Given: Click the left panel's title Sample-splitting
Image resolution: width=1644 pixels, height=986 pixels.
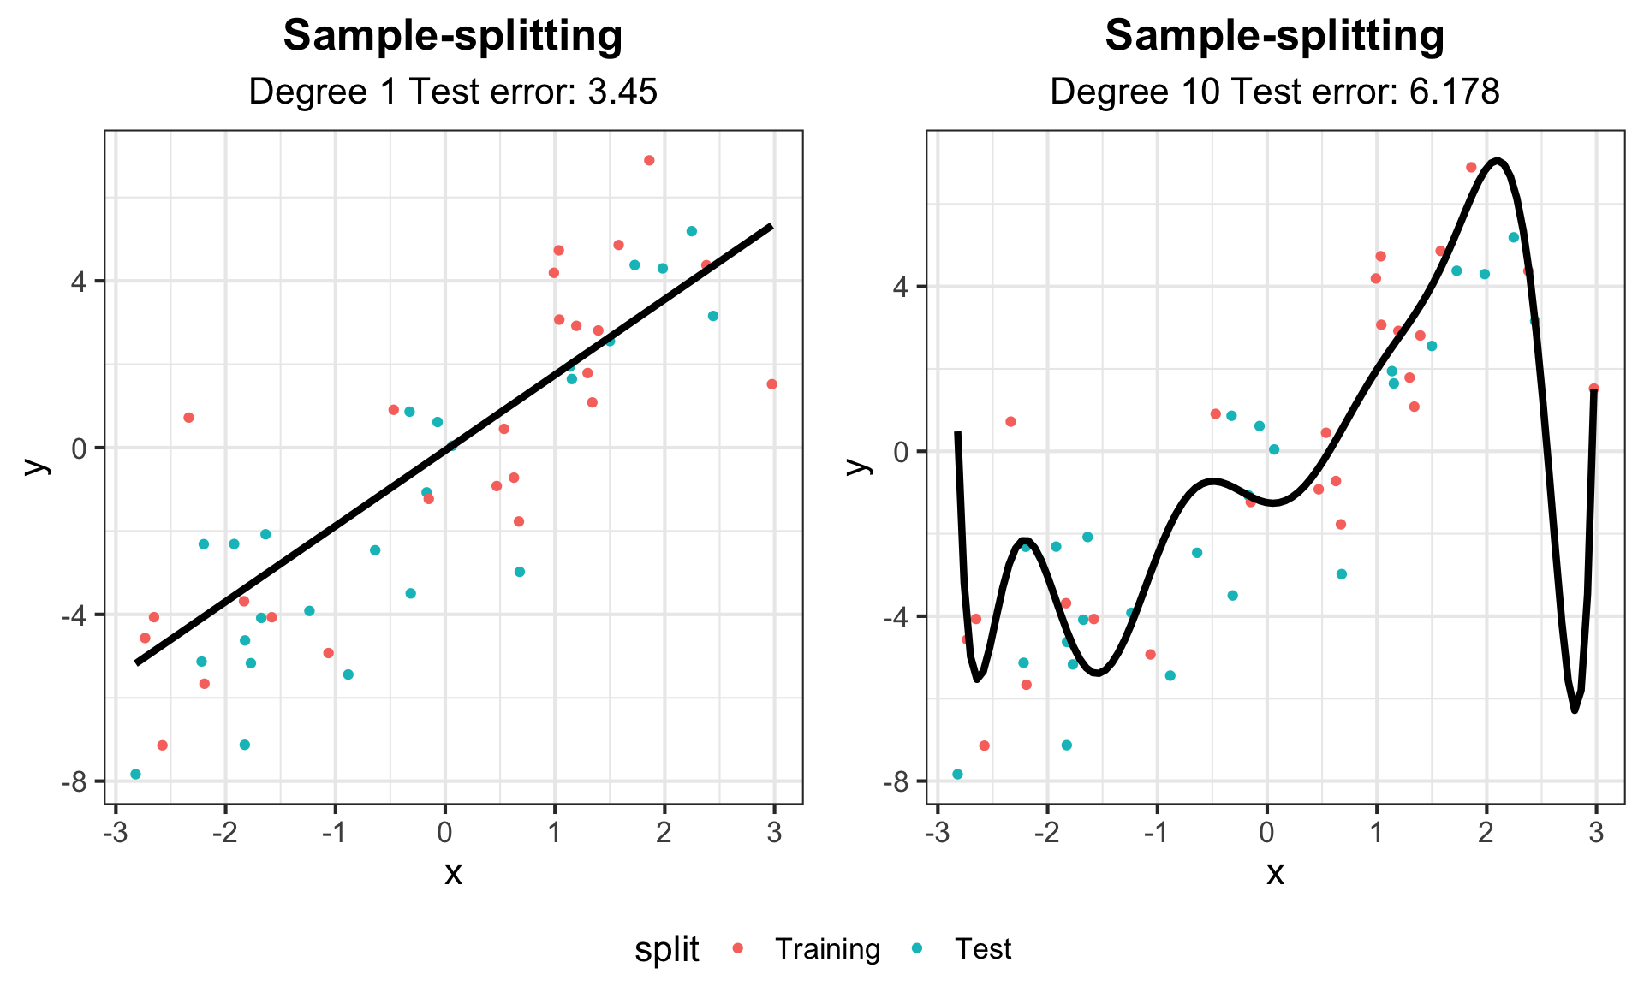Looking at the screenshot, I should pyautogui.click(x=452, y=36).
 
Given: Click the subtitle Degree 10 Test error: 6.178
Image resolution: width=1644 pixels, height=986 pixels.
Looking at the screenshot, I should pyautogui.click(x=1274, y=91).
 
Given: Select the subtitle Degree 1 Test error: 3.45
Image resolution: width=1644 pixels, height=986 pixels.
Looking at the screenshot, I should pyautogui.click(x=452, y=91).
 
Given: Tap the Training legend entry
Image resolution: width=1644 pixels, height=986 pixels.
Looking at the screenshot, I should pyautogui.click(x=827, y=948).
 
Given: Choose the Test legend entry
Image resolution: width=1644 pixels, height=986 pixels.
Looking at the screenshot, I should pyautogui.click(x=983, y=948).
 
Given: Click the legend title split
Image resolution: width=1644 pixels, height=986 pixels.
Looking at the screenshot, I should pyautogui.click(x=666, y=948).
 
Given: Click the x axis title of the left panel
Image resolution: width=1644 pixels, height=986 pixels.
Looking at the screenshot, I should pyautogui.click(x=453, y=873).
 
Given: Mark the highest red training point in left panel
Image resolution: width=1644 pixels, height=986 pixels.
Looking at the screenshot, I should pyautogui.click(x=649, y=160).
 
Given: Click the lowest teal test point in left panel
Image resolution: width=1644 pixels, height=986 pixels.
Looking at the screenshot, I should pyautogui.click(x=135, y=774).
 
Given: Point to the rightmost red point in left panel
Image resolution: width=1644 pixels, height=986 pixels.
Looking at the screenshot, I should pyautogui.click(x=771, y=384).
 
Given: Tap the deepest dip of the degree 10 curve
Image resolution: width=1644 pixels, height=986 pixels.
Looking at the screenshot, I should pyautogui.click(x=1574, y=710).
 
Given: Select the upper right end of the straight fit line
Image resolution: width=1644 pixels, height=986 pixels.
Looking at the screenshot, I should pyautogui.click(x=772, y=226).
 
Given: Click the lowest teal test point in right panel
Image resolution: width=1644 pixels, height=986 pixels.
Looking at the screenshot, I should pyautogui.click(x=957, y=774).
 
